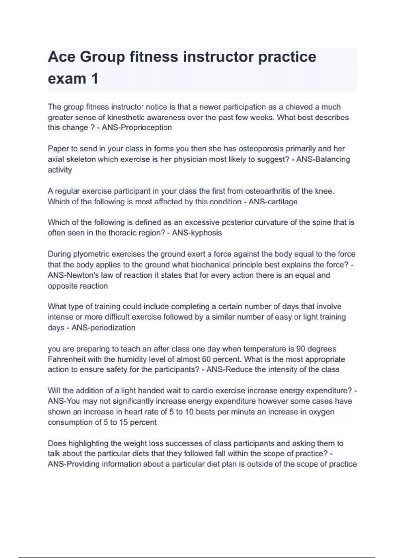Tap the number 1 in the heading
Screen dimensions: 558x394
[95, 79]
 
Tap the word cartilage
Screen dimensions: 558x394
[281, 202]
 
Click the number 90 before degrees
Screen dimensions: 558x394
[301, 349]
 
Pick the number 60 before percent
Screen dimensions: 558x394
[206, 359]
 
